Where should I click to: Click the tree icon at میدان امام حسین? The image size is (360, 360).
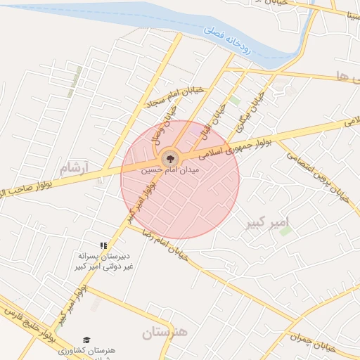169,158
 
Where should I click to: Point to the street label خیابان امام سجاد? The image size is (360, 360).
174,97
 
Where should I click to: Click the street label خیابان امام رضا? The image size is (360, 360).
165,242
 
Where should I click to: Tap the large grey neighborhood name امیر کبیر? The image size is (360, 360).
268,224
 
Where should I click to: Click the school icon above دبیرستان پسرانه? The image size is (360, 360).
103,245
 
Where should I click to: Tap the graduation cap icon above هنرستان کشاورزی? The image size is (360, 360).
86,340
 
